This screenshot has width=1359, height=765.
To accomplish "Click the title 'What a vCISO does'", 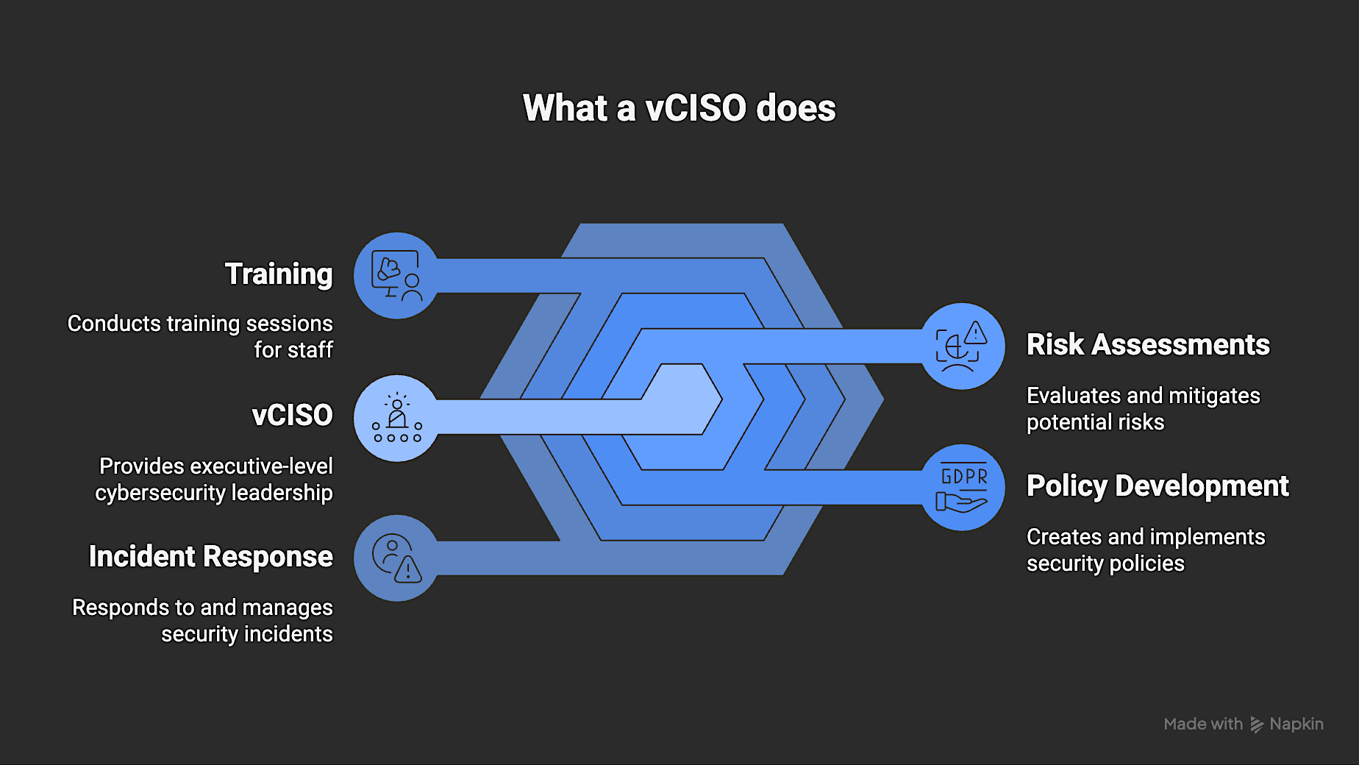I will coord(679,108).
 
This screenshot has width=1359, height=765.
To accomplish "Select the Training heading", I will coord(279,274).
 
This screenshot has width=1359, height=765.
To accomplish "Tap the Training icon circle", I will coord(397,276).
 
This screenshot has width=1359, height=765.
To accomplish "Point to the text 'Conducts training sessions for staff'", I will coord(200,336).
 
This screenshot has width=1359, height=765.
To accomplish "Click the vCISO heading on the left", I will coord(292,416).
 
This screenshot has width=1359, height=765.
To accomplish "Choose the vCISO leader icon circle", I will coord(397,419).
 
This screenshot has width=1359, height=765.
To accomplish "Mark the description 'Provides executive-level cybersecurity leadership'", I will coord(215,479).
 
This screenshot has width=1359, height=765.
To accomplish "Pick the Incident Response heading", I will coord(210,557).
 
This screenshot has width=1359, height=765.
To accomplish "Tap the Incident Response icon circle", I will coord(397,558).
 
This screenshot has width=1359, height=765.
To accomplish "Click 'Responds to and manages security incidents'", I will coord(203,620).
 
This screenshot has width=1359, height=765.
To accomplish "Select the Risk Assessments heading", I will coord(1148,345).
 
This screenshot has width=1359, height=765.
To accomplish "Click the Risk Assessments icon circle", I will coord(962,346).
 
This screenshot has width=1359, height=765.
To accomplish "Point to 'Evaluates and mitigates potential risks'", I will coord(1143,408).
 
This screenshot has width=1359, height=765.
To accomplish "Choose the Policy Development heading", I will coord(1158,486).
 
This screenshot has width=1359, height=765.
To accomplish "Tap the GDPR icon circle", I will coord(962,488).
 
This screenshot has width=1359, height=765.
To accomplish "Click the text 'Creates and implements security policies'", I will coord(1145,549).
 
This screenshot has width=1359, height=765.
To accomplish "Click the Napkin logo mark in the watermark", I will coord(1257,725).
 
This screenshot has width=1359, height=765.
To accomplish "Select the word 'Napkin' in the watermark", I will coord(1296,725).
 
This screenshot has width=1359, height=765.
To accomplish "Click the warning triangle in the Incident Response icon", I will coord(408,569).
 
